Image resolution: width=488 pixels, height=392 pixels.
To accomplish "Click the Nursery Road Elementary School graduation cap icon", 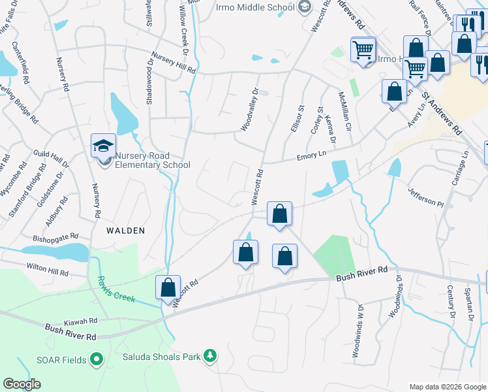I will (104, 146).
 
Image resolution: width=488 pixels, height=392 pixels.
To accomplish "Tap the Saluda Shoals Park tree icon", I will (210, 355).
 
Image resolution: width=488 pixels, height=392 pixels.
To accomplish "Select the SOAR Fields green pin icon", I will (97, 359).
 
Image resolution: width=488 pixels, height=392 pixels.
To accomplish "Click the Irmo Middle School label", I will (256, 7).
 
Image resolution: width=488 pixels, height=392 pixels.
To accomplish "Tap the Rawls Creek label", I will (117, 289).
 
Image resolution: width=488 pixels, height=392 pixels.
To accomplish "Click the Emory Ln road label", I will (311, 155).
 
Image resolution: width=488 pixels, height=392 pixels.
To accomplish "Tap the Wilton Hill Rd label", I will (47, 269).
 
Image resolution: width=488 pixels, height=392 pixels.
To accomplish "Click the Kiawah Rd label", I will (81, 322).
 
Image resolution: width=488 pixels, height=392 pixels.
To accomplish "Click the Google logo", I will (22, 384).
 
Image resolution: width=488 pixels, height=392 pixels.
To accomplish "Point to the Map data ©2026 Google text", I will (447, 387).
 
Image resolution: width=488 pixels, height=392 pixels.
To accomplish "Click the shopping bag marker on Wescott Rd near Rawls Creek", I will (168, 287).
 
